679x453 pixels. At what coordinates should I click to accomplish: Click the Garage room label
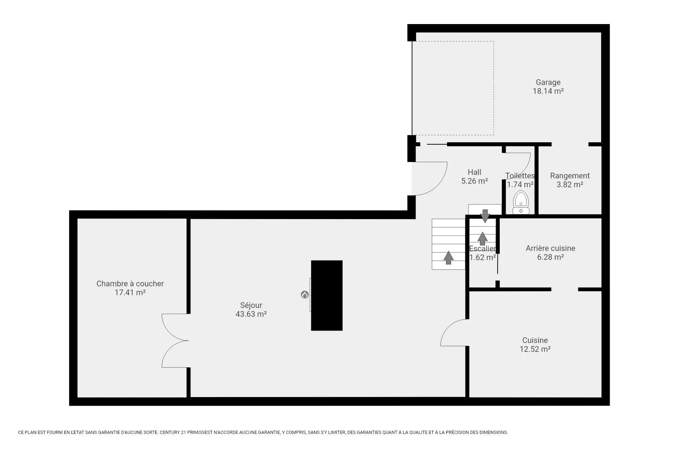tap(548, 82)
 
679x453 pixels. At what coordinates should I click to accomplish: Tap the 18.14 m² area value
tap(548, 91)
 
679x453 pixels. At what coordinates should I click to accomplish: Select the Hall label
tap(474, 172)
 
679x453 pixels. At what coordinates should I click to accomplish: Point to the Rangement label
tap(570, 176)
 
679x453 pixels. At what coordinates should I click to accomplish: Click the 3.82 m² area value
tap(570, 185)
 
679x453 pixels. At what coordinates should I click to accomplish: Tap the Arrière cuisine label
tap(550, 248)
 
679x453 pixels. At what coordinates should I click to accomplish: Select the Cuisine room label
tap(535, 340)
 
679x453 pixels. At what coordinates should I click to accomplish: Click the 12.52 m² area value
tap(535, 349)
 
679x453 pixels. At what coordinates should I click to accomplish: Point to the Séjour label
tap(251, 305)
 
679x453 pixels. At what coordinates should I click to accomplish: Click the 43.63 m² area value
tap(251, 314)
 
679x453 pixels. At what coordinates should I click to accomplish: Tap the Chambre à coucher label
tap(130, 284)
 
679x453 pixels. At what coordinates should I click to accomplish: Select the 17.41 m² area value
tap(130, 293)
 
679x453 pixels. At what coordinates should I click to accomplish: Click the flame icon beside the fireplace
tap(304, 294)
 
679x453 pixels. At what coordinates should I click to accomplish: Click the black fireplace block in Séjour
tap(327, 296)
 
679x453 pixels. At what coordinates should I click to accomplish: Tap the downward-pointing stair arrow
tap(485, 216)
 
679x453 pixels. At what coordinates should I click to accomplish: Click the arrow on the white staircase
tap(448, 258)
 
